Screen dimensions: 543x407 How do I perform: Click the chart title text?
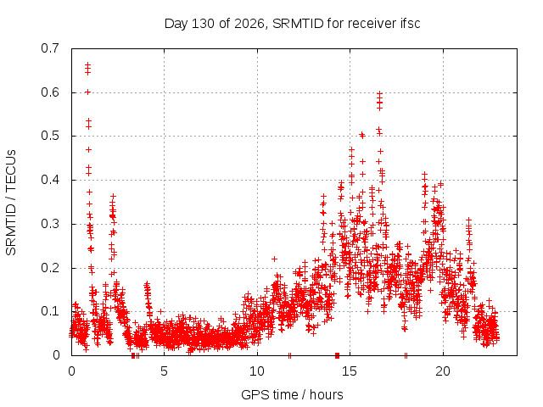tap(292, 24)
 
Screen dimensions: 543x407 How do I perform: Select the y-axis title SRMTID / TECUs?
tap(11, 203)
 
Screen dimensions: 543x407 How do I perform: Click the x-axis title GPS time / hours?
tap(292, 394)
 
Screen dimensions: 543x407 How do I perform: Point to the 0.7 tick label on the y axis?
tap(50, 48)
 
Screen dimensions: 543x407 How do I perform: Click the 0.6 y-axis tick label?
tap(50, 92)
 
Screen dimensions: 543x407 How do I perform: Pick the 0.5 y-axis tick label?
tap(50, 136)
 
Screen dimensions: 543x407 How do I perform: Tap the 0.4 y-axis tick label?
tap(50, 180)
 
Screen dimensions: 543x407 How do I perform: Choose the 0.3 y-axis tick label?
tap(50, 224)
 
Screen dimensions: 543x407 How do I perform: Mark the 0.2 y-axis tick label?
tap(50, 268)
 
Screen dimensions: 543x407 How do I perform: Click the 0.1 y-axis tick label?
tap(50, 311)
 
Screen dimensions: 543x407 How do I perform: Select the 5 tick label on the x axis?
tap(164, 371)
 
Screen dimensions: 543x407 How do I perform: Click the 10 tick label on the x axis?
tap(257, 371)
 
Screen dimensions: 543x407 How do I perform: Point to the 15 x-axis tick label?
tap(350, 371)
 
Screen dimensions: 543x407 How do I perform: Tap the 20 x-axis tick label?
tap(443, 371)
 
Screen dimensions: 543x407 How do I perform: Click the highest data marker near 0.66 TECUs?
tap(88, 64)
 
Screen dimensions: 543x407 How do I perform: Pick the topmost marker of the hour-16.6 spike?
tap(379, 93)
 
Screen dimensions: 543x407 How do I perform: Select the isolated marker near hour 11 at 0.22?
tap(274, 259)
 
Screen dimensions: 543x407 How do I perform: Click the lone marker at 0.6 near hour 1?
tap(88, 92)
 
